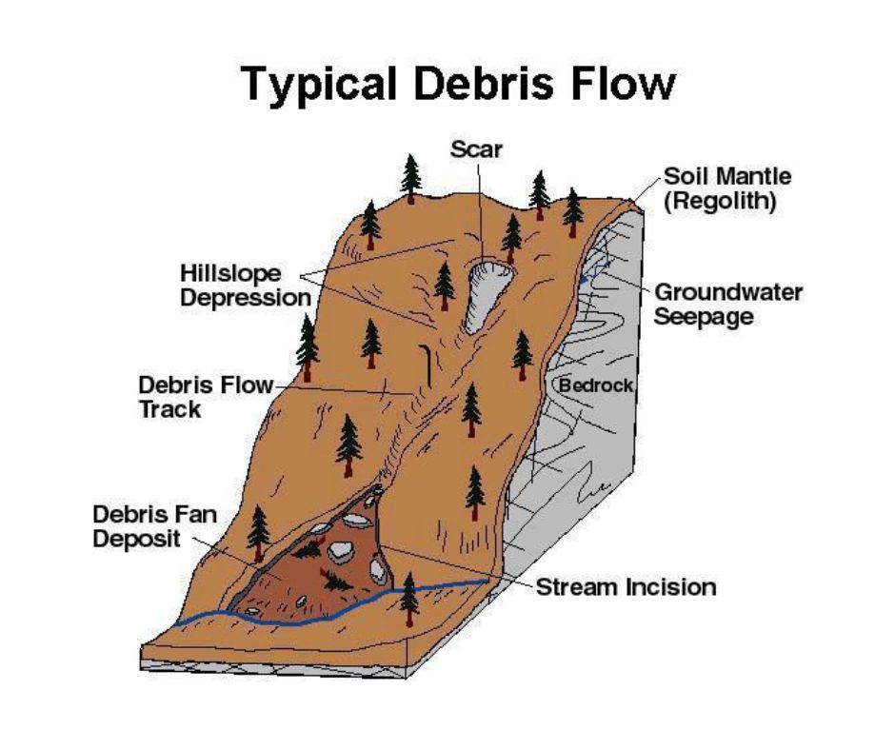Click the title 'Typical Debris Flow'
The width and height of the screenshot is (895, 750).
tap(459, 84)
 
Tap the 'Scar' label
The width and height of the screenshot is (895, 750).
tap(476, 149)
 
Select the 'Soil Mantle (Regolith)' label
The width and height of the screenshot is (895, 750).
tap(727, 188)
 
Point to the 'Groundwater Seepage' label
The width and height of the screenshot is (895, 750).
tap(727, 305)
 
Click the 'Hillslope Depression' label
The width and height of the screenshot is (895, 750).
tap(246, 286)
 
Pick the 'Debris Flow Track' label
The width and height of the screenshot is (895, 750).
tap(206, 397)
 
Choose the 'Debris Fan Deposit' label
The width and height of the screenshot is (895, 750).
tap(154, 526)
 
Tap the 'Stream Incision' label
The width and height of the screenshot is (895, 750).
tap(626, 587)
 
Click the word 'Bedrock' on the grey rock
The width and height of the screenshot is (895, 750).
tap(596, 385)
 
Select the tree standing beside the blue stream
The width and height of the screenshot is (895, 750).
tap(408, 598)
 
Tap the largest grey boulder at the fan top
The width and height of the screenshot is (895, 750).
tap(356, 520)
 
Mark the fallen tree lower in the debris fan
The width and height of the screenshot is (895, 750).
tap(336, 581)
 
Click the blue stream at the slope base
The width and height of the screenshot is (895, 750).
tap(331, 612)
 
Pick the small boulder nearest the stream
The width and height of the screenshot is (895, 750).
tap(251, 611)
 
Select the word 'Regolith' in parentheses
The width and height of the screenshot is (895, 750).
tap(720, 202)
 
